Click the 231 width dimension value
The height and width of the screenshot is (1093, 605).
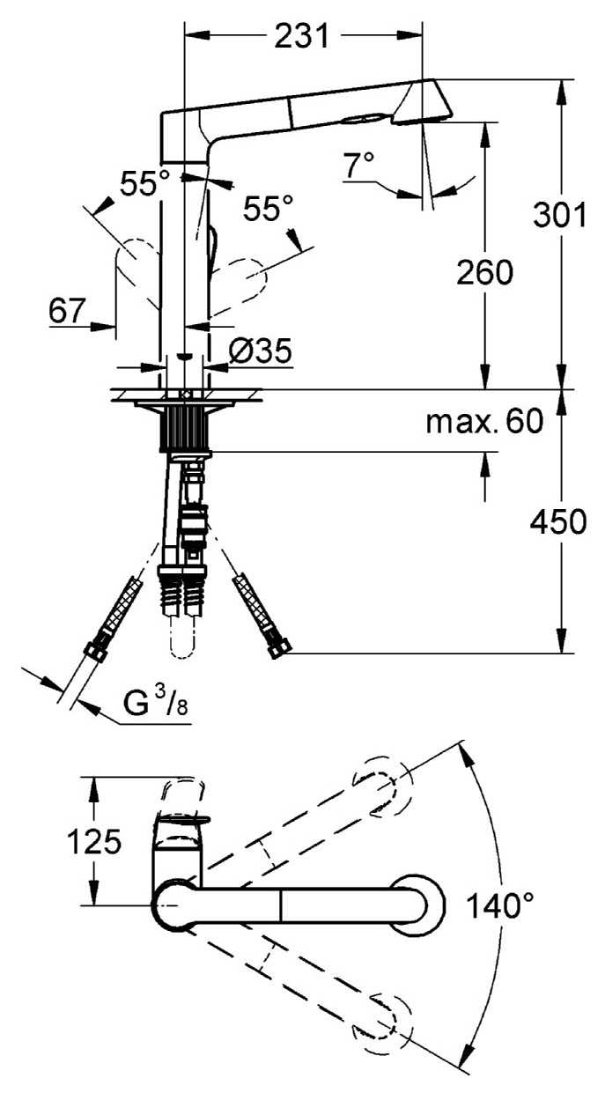[x=301, y=36]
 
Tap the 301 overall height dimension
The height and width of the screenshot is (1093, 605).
[x=559, y=216]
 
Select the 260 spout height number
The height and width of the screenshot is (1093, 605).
[x=483, y=274]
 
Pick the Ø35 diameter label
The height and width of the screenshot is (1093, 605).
[x=260, y=351]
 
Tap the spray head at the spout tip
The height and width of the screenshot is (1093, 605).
[x=421, y=101]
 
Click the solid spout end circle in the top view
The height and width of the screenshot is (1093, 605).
[x=414, y=902]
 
